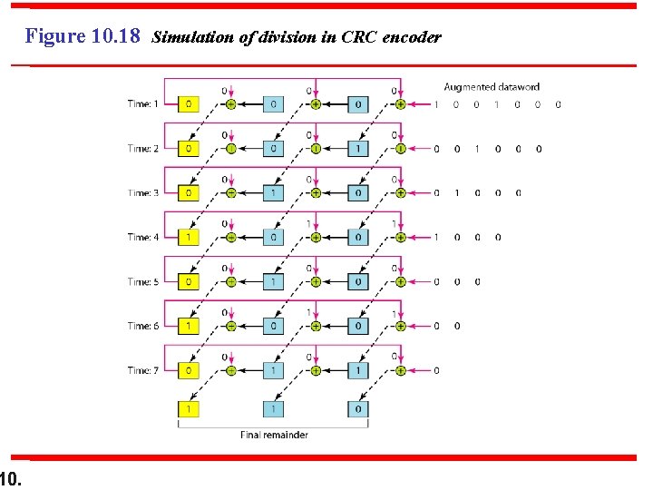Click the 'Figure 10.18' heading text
coord(83,37)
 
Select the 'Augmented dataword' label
coord(491,87)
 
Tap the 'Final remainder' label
coord(274,435)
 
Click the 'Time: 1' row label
coord(142,104)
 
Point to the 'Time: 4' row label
coord(142,238)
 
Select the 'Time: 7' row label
coord(142,370)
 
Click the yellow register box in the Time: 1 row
coord(188,104)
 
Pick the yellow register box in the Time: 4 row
coord(188,238)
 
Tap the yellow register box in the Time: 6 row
coord(188,326)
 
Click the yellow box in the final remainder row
coord(188,410)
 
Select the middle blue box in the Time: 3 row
coord(274,193)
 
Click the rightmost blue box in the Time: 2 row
coord(358,149)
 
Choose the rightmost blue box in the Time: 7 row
coord(358,370)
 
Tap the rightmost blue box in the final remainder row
coord(358,410)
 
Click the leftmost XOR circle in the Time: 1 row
coord(230,104)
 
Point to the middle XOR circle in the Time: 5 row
coord(316,281)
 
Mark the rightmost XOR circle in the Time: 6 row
coord(400,326)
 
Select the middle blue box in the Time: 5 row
coord(274,281)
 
